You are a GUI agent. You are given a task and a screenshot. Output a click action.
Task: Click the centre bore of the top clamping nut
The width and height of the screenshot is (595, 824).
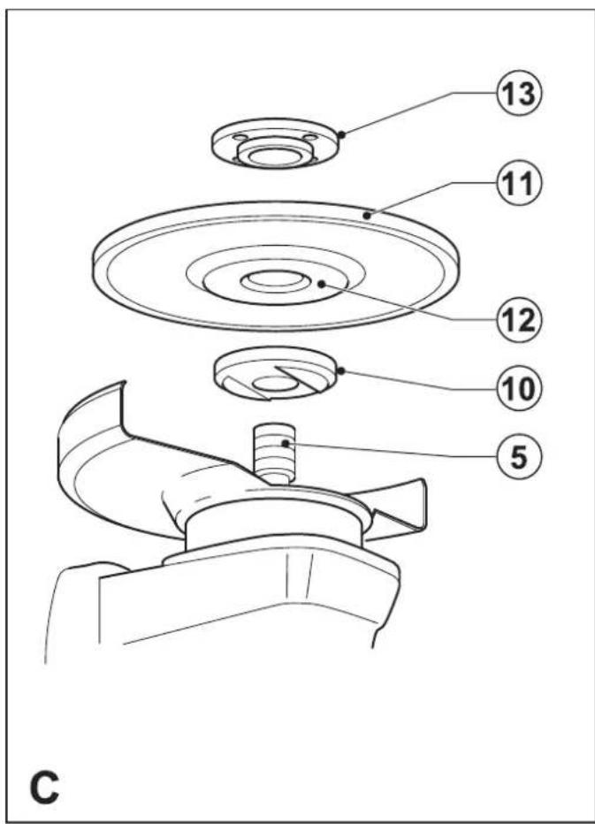tap(276, 157)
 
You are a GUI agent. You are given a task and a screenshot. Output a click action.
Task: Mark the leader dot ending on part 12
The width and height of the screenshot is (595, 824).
tap(323, 284)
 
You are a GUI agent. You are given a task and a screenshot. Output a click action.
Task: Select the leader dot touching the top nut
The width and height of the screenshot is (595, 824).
tap(340, 134)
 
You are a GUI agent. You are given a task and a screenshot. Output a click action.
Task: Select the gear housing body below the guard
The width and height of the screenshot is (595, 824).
tap(248, 610)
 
